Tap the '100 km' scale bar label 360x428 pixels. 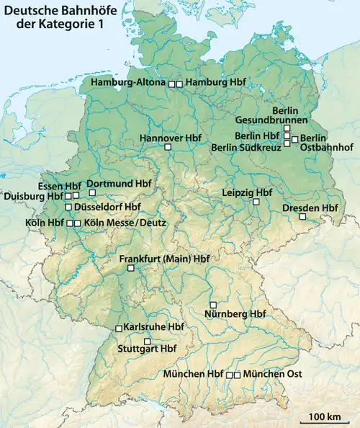pos(325,416)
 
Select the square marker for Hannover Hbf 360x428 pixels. pos(168,147)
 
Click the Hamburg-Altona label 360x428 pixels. pos(130,84)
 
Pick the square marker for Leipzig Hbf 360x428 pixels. pos(256,202)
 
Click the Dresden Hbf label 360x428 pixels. pos(310,208)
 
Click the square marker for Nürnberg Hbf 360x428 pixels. pos(212,304)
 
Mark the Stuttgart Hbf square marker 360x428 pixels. pos(148,341)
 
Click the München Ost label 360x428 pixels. pos(273,375)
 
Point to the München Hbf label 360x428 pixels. pos(194,375)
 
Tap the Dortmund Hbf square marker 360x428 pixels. pos(92,192)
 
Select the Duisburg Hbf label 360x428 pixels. pos(34,195)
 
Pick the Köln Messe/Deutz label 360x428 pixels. pos(125,223)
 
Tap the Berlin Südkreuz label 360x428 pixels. pos(245,148)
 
